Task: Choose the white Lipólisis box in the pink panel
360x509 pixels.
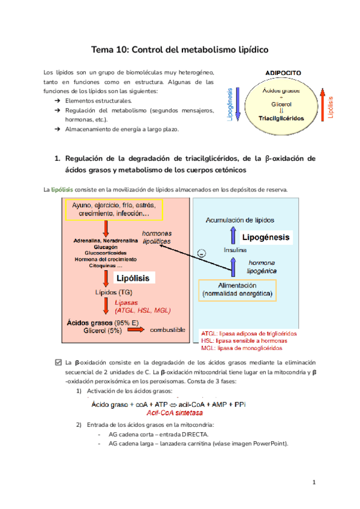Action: (x=131, y=279)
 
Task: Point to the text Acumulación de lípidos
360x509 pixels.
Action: (x=240, y=220)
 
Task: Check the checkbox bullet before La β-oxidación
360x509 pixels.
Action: (x=58, y=363)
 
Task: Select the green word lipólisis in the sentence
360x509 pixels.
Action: (x=63, y=190)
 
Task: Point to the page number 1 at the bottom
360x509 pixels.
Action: (x=314, y=482)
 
